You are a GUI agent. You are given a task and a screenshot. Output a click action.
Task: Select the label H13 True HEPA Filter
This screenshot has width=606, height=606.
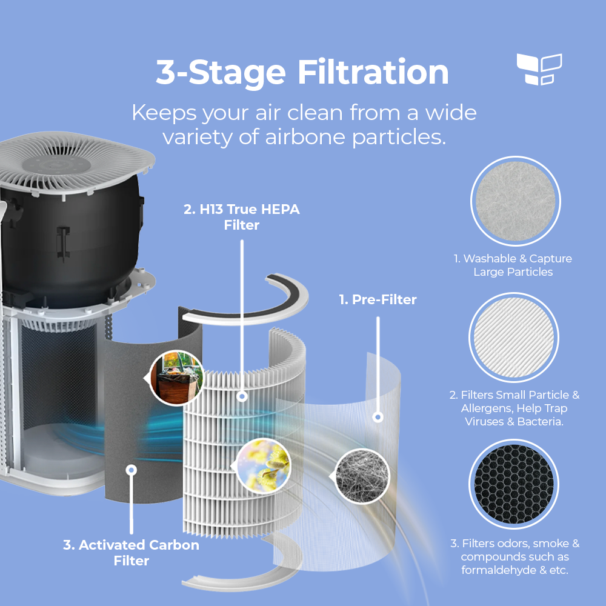tap(242, 217)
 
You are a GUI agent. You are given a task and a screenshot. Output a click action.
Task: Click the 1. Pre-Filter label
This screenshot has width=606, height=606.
tap(378, 299)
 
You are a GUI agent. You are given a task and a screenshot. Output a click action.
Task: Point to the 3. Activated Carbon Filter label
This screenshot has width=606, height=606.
tap(131, 553)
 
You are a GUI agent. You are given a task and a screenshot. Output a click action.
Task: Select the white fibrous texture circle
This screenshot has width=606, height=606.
tap(516, 201)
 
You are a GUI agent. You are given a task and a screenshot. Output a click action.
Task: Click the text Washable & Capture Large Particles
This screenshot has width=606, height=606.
tap(513, 265)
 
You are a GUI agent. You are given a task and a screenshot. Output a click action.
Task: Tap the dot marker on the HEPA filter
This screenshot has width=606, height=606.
tap(242, 397)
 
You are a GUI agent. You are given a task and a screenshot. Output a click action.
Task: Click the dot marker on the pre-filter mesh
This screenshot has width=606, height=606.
tap(378, 418)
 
